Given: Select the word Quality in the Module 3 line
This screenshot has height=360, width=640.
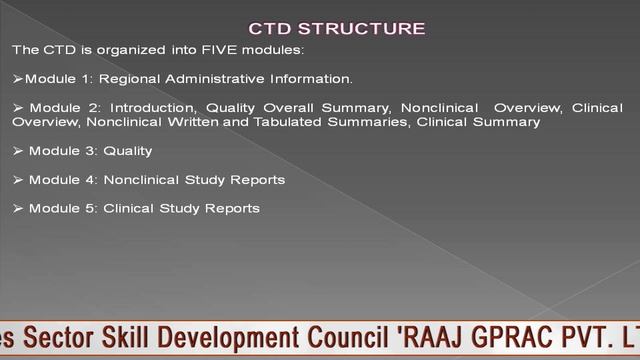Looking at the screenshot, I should pos(128,151).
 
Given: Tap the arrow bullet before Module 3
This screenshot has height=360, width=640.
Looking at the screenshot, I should pos(18,151).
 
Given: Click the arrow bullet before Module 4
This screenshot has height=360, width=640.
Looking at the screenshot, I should pos(18,180).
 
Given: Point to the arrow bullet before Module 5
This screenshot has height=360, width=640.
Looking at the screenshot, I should pos(18,209).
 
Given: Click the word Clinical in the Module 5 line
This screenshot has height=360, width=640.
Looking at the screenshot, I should pos(129,209).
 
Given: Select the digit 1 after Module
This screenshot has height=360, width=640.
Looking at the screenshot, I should pos(78,78).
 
